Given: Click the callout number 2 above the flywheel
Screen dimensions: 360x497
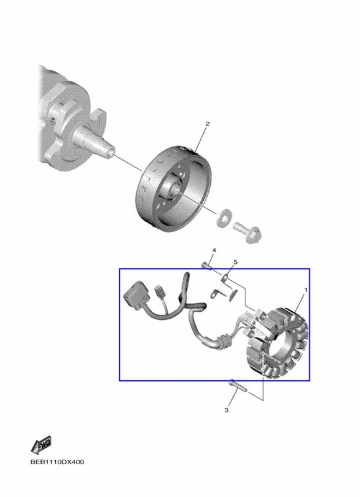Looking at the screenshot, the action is coord(208,124).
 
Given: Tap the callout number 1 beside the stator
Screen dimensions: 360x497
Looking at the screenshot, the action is coord(306,290).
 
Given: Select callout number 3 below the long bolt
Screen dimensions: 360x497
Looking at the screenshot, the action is coord(226,410).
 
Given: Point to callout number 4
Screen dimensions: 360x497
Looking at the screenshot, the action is coord(214,250).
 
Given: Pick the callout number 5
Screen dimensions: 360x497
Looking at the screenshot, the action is coord(236,262).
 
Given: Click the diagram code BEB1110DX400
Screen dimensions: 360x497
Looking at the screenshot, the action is coord(57,462).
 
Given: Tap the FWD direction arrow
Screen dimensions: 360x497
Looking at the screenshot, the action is coord(41,445).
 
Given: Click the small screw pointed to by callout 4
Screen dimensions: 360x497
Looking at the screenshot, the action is coord(206,266).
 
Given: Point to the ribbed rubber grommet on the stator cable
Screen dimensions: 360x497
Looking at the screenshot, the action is coord(224,341).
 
